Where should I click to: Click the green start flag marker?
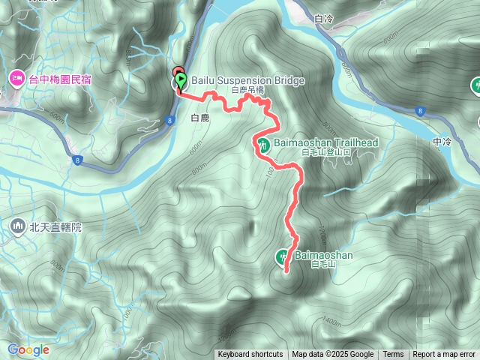tap(181, 78)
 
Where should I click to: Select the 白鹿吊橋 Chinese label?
tap(248, 90)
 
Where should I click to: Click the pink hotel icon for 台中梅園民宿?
tap(16, 77)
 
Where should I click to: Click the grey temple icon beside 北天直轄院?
tap(17, 225)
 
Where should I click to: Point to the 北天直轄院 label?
tap(55, 226)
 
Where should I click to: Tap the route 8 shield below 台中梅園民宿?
tap(78, 159)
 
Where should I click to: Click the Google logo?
tap(28, 349)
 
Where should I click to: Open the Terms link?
tap(393, 355)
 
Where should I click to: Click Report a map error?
tap(445, 355)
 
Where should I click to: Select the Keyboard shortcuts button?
tap(250, 355)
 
